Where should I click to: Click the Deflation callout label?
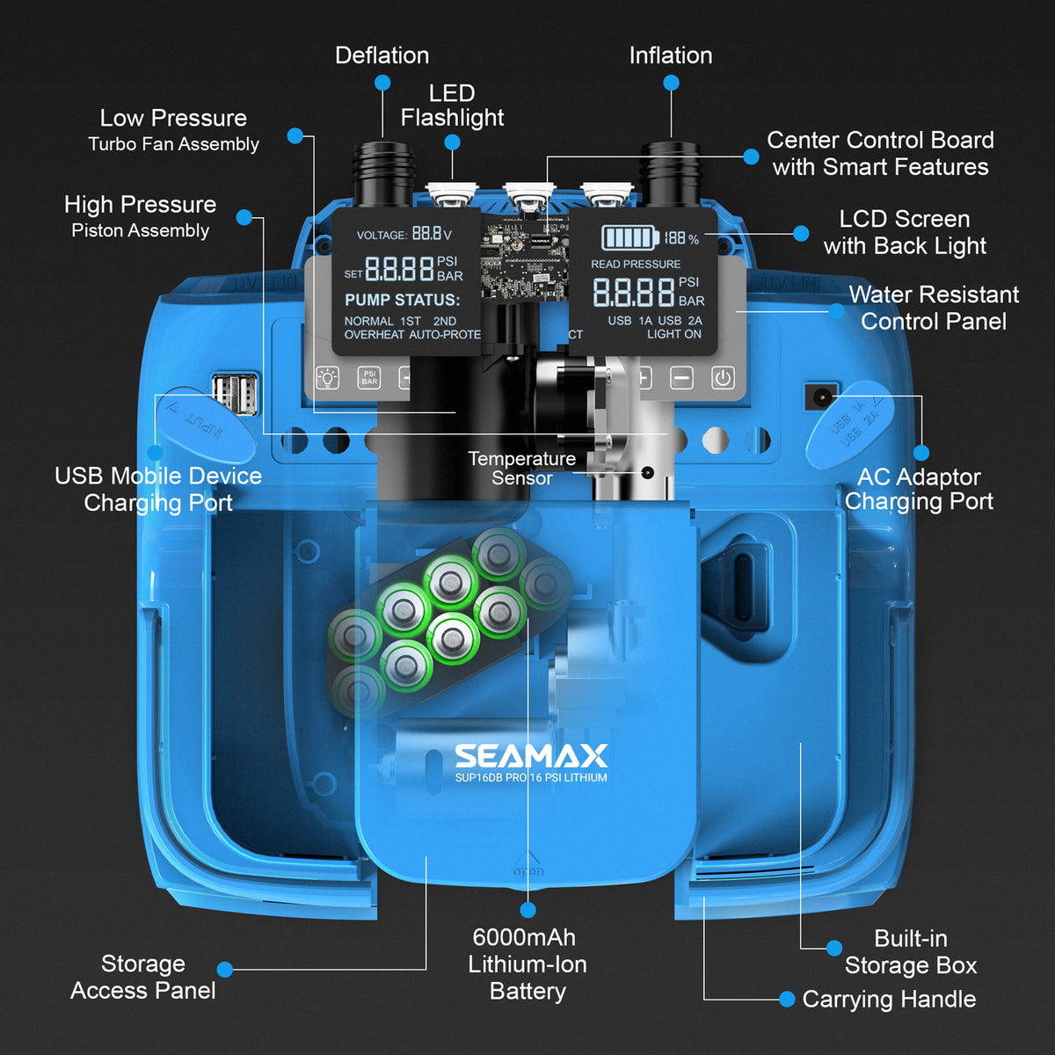click(x=382, y=55)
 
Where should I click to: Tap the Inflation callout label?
click(x=670, y=55)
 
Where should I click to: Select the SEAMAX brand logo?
click(x=531, y=756)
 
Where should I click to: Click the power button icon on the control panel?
click(x=723, y=378)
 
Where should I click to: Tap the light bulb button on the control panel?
click(x=328, y=378)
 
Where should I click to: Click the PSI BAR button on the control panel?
click(x=369, y=378)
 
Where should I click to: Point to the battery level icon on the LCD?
click(x=629, y=237)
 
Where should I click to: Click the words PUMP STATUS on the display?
click(x=402, y=300)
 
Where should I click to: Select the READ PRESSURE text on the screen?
click(x=635, y=264)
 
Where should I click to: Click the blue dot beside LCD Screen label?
click(x=800, y=233)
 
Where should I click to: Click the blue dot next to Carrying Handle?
click(x=787, y=999)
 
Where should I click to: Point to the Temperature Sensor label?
click(x=521, y=468)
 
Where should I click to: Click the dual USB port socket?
click(x=235, y=392)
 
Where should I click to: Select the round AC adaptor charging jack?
click(x=821, y=397)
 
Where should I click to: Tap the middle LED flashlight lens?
click(x=527, y=197)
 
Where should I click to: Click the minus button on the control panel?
click(x=681, y=378)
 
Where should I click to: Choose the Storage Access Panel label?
click(x=142, y=977)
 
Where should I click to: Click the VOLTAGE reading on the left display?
click(x=404, y=234)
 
